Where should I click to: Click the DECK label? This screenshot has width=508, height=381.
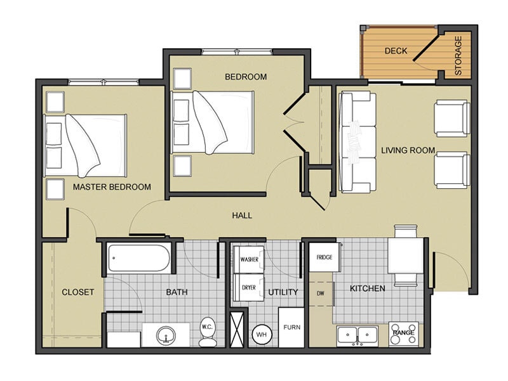[396, 51]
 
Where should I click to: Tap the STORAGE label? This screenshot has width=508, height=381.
[458, 55]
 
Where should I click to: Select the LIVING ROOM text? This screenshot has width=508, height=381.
[408, 150]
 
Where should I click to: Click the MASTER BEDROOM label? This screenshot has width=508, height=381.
[112, 187]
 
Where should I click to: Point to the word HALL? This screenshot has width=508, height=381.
[242, 216]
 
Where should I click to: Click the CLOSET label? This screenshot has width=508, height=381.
[77, 292]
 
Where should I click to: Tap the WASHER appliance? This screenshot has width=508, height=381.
[249, 260]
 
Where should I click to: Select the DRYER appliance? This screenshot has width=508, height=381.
[249, 288]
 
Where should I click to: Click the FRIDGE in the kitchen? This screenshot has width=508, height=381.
[324, 257]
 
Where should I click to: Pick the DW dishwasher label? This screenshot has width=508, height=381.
[320, 294]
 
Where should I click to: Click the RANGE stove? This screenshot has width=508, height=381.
[403, 333]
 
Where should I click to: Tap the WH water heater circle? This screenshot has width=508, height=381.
[261, 333]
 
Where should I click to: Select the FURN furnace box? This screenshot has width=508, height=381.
[291, 327]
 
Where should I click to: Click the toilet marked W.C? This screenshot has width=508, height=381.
[208, 331]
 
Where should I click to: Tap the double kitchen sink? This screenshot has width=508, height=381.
[357, 334]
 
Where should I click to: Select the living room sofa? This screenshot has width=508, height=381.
[357, 142]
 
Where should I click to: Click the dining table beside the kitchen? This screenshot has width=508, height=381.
[405, 257]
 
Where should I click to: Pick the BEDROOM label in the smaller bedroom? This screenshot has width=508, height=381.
[246, 77]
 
